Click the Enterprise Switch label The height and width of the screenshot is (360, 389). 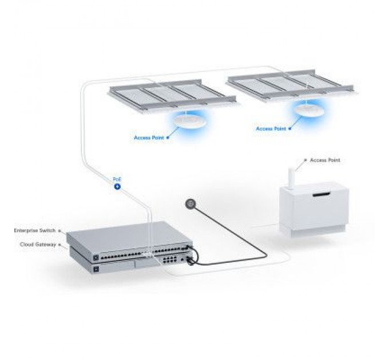[35, 231]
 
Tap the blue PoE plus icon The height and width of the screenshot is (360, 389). [117, 186]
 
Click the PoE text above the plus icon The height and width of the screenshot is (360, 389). [117, 179]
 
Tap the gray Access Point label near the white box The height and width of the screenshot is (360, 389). [325, 161]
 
